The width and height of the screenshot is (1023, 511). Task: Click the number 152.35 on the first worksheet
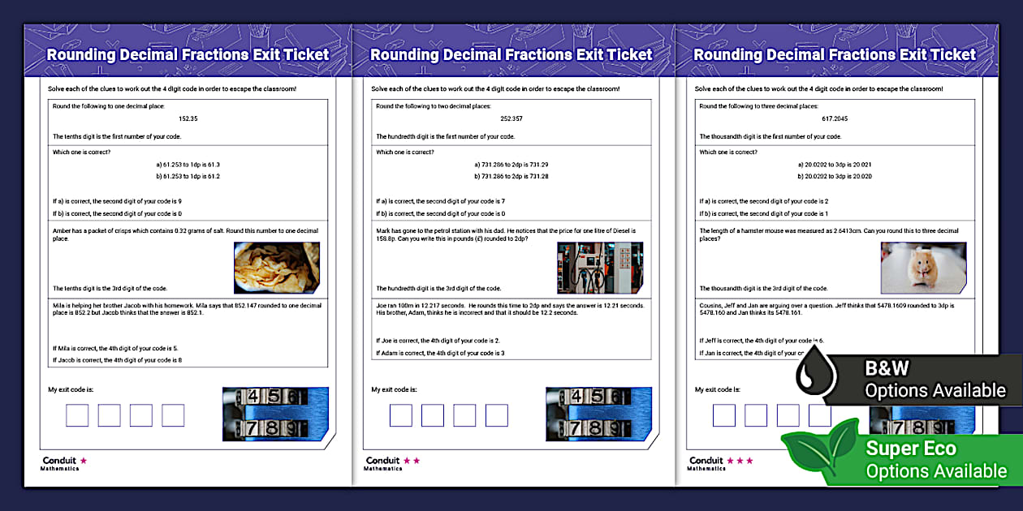tap(188, 118)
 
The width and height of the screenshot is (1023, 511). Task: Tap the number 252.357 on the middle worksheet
tap(511, 118)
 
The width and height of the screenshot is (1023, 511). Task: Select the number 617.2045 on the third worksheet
tap(835, 118)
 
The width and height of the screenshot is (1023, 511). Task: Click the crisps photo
tap(277, 268)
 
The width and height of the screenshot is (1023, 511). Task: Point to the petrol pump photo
tap(600, 268)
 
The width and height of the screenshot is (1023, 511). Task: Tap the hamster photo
tap(923, 268)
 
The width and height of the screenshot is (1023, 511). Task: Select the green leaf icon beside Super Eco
tap(819, 449)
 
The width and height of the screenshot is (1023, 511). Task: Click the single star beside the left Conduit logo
tap(83, 461)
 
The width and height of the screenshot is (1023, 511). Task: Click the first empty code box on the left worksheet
tap(77, 415)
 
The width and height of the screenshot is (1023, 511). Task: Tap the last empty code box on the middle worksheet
tap(496, 415)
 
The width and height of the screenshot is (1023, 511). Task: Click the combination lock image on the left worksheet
tap(275, 412)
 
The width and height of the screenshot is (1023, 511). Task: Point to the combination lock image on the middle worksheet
tap(599, 412)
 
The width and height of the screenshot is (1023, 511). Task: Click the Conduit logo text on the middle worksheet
tap(382, 461)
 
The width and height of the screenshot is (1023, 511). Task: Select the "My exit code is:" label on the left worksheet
tap(71, 389)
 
